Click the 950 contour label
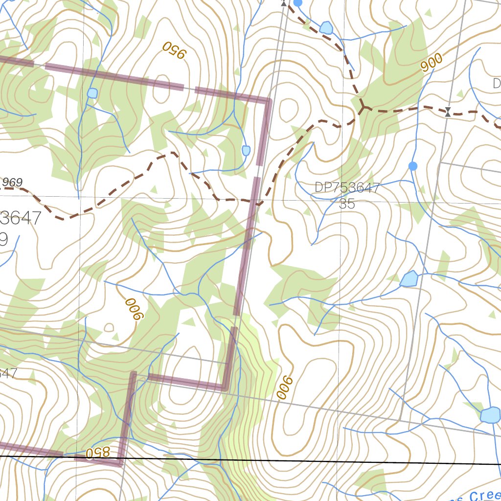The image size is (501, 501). point(175,50)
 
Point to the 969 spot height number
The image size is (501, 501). point(12,182)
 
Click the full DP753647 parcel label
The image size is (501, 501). point(347,188)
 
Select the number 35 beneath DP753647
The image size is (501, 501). point(347,204)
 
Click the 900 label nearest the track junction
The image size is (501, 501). point(431,62)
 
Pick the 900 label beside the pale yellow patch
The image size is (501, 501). point(285,388)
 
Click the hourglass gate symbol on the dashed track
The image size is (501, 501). point(448,112)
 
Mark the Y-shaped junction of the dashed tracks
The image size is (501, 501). point(363,107)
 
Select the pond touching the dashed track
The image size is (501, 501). point(326,27)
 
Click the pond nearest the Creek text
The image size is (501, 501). point(490,415)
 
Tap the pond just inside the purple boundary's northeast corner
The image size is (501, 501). point(246,150)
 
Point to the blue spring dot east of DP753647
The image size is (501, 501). point(413,166)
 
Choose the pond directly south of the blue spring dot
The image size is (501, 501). point(409,279)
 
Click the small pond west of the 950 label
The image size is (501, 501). point(92,93)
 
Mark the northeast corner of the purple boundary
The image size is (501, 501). point(268,101)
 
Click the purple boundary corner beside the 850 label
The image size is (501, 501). point(120,462)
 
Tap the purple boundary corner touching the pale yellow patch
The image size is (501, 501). point(226,388)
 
